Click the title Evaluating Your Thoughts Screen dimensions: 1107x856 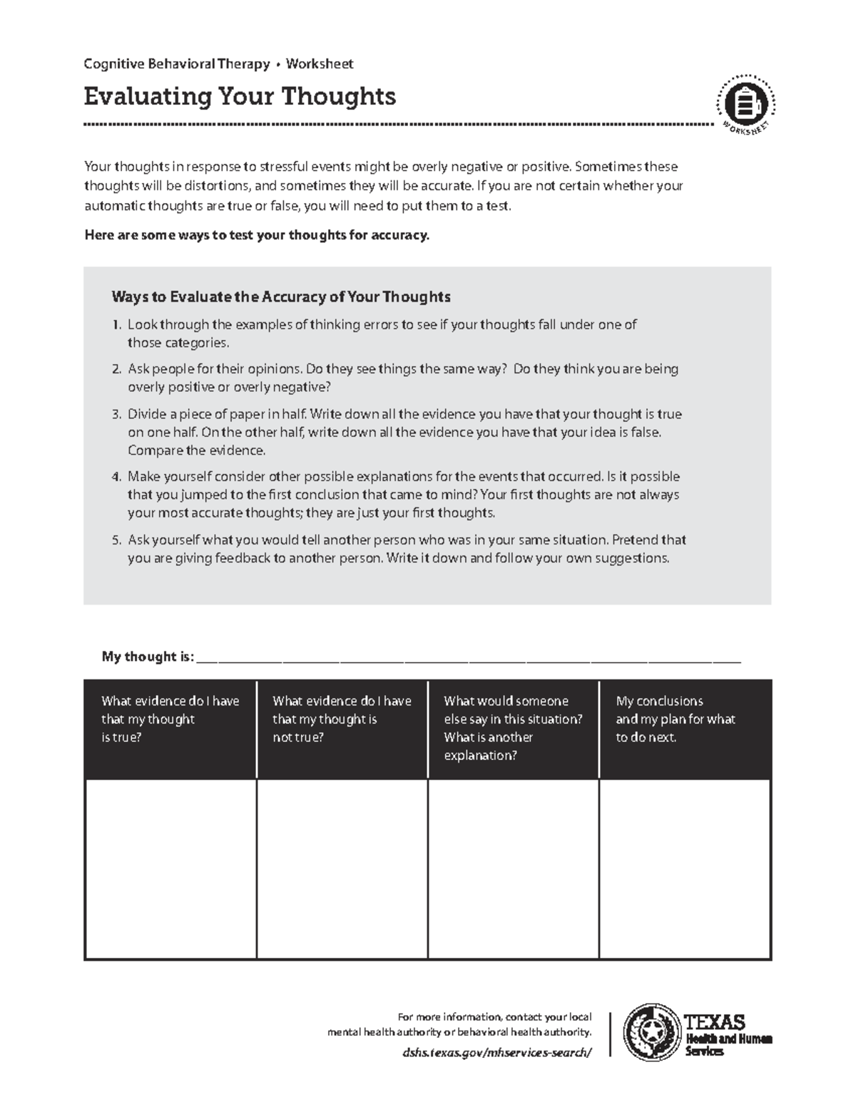(x=240, y=96)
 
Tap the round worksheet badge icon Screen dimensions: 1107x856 (x=745, y=105)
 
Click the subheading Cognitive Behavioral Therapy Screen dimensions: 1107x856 (x=176, y=64)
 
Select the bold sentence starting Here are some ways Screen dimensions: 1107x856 (x=257, y=235)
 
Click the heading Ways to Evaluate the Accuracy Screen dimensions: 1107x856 (x=281, y=297)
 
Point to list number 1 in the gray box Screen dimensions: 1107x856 (x=116, y=325)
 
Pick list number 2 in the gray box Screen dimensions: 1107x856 (x=116, y=369)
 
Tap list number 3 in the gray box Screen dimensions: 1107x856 (x=116, y=414)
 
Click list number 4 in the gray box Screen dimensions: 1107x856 (x=116, y=477)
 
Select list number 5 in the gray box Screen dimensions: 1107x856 (x=116, y=540)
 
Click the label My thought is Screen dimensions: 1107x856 (x=148, y=657)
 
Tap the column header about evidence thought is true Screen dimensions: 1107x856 (x=170, y=719)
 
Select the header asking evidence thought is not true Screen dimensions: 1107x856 (x=342, y=719)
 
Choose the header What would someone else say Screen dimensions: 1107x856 (x=513, y=728)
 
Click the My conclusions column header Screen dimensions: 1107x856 (x=685, y=719)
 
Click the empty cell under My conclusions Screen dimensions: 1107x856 (x=685, y=868)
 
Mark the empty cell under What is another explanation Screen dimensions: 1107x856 (x=513, y=868)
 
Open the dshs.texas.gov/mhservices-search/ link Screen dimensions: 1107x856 (x=496, y=1052)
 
